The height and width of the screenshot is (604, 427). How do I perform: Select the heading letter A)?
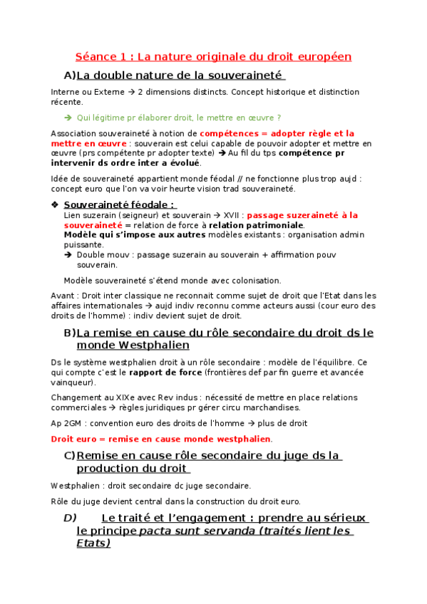(x=69, y=75)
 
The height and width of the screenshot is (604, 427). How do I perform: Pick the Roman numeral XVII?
(x=230, y=214)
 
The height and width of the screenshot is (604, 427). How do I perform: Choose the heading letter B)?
(x=69, y=333)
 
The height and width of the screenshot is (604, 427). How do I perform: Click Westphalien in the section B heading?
(x=154, y=345)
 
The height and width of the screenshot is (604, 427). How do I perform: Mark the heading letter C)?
(x=69, y=455)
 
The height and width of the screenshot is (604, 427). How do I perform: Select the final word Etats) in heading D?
(x=93, y=543)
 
